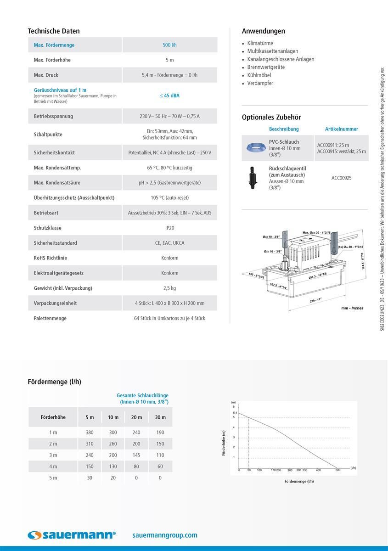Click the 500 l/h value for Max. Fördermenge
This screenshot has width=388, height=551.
coord(169,45)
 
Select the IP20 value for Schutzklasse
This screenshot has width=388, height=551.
coord(169,228)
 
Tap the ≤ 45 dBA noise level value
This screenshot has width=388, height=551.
coord(169,96)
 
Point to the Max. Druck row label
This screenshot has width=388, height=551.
coord(46,75)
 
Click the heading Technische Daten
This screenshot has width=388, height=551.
coord(54,31)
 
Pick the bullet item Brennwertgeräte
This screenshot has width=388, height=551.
coord(266,67)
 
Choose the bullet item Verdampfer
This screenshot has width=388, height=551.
coord(260,83)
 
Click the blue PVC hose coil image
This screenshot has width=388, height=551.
coord(254,147)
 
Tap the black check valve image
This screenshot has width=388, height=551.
coord(252,177)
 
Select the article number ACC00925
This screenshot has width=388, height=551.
coord(341,178)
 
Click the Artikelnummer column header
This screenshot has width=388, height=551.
coord(341,129)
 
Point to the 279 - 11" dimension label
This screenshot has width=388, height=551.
coord(315,299)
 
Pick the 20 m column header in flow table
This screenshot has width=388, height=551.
coord(136,417)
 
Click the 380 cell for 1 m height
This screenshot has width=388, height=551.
coord(90,432)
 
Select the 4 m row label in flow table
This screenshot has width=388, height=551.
coord(53,467)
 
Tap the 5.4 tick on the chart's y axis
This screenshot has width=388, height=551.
coord(234,413)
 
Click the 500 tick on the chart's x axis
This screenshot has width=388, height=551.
coord(338,470)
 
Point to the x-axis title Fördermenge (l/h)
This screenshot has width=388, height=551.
coord(299,481)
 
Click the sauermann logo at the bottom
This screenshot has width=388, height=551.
coord(72,535)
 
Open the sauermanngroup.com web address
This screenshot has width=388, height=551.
coord(164,535)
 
